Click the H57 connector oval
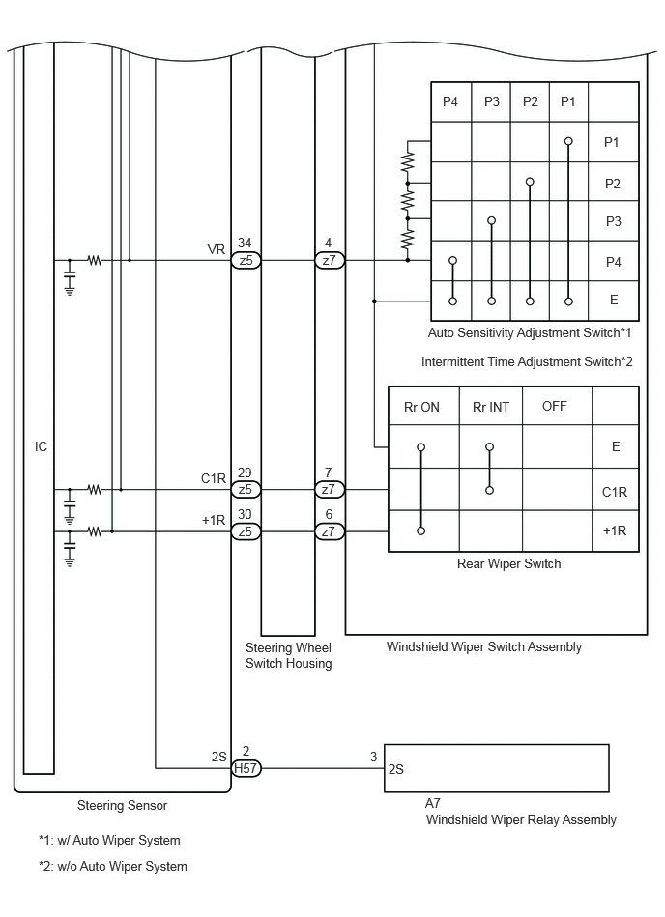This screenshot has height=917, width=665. tap(246, 768)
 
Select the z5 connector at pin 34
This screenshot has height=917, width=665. tap(246, 260)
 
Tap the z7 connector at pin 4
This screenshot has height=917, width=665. tap(330, 260)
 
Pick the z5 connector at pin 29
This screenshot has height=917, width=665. tap(246, 490)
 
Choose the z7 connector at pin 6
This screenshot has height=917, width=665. tap(330, 531)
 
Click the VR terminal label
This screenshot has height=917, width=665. tap(216, 249)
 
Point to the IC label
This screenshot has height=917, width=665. tap(41, 446)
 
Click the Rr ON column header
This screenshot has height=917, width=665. tap(421, 407)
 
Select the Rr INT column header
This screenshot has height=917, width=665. tap(491, 407)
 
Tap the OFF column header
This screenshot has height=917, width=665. tap(555, 406)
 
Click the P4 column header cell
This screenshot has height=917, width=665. tap(450, 101)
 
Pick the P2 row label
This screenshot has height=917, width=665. tap(613, 184)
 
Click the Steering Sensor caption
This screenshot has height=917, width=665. tap(122, 805)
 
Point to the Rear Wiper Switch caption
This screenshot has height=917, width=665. tap(508, 563)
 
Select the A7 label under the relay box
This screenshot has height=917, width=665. tap(433, 803)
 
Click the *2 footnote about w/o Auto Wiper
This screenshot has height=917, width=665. tap(113, 866)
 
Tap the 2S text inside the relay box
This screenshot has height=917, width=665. tap(396, 769)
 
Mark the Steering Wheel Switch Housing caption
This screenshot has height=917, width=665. tap(288, 655)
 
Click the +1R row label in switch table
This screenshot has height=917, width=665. tap(615, 531)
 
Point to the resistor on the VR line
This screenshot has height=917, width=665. tap(95, 260)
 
